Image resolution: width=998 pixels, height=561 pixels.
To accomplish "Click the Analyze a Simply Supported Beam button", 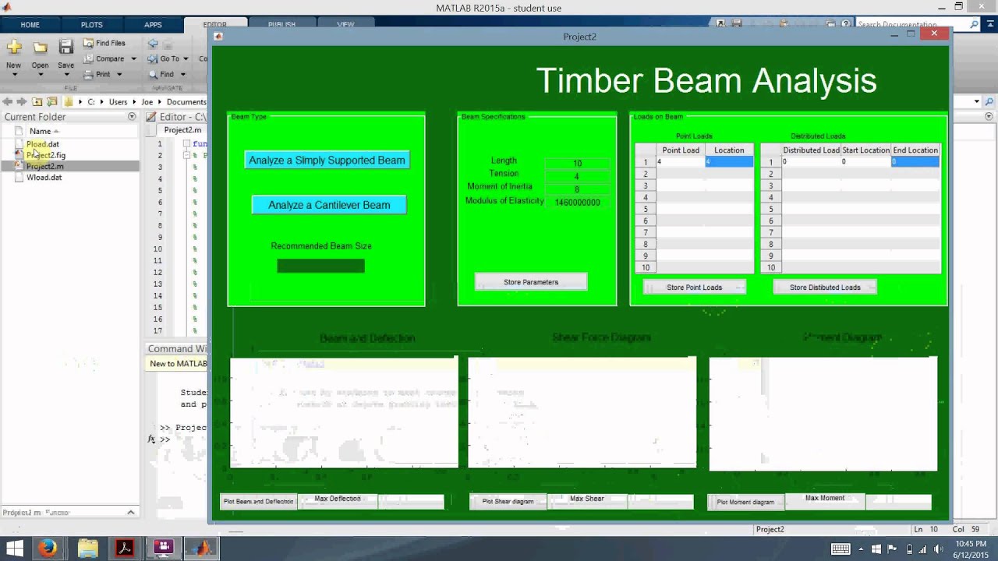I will pyautogui.click(x=327, y=161).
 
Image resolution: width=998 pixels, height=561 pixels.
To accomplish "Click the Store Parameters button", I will pyautogui.click(x=531, y=282).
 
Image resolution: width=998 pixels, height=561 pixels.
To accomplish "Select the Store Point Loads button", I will pyautogui.click(x=694, y=288).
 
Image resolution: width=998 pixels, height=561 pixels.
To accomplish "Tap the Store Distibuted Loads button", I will pyautogui.click(x=825, y=288).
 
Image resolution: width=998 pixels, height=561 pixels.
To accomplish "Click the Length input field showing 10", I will pyautogui.click(x=577, y=164).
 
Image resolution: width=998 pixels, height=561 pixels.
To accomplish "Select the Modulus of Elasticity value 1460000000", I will pyautogui.click(x=577, y=203).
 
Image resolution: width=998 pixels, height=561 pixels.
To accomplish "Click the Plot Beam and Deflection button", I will pyautogui.click(x=258, y=502).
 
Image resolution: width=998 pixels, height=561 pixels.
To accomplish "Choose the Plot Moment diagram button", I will pyautogui.click(x=745, y=503).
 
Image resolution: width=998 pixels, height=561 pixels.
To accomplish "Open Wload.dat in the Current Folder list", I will pyautogui.click(x=44, y=178).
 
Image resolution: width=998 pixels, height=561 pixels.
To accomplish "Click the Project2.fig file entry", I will pyautogui.click(x=45, y=155).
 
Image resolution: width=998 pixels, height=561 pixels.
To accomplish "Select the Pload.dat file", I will pyautogui.click(x=42, y=144).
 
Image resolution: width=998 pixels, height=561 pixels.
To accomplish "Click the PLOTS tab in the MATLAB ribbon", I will pyautogui.click(x=91, y=25).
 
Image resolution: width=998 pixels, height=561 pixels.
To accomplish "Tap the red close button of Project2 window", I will pyautogui.click(x=934, y=34).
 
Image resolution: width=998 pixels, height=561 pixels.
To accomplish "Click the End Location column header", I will pyautogui.click(x=915, y=150).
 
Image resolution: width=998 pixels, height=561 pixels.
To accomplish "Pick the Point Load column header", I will pyautogui.click(x=681, y=150).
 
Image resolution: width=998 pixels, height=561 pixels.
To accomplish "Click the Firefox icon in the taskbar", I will pyautogui.click(x=48, y=548).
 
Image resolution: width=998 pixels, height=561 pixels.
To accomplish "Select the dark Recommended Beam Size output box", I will pyautogui.click(x=320, y=266).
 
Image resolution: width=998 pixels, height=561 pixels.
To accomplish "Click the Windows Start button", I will pyautogui.click(x=14, y=548).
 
